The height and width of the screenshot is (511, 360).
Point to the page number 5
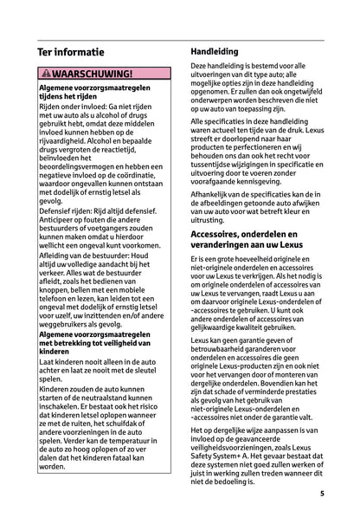point(321,495)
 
